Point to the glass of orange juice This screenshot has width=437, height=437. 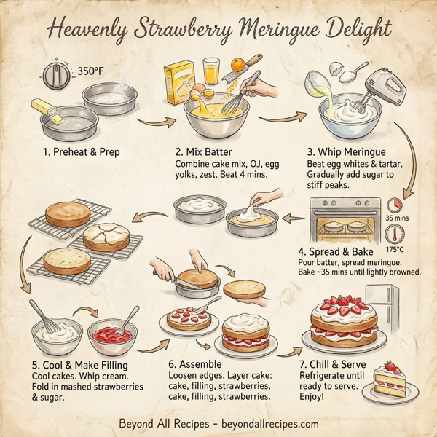tap(212, 71)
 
